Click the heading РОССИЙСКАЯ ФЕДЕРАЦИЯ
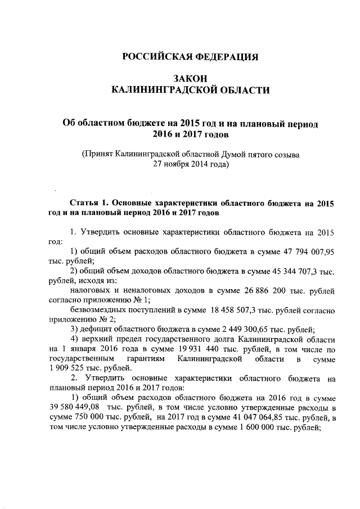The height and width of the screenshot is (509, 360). tap(191, 57)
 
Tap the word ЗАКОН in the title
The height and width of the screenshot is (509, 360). tap(191, 79)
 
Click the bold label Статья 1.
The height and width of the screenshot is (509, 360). tap(89, 202)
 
